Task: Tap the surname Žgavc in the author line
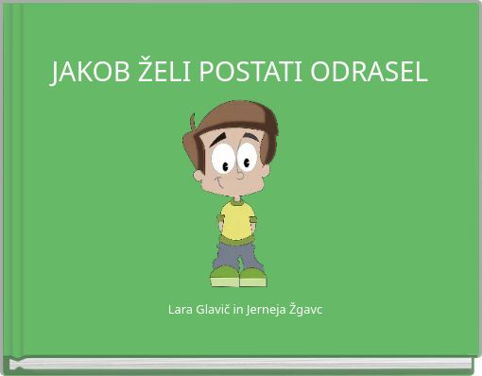pos(306,310)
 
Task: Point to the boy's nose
pos(239,174)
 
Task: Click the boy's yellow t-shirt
pos(237,219)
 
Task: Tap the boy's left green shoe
pos(225,276)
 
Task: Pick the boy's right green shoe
pos(252,276)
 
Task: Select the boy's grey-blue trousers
pos(237,253)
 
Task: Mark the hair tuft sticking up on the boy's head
pos(195,123)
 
